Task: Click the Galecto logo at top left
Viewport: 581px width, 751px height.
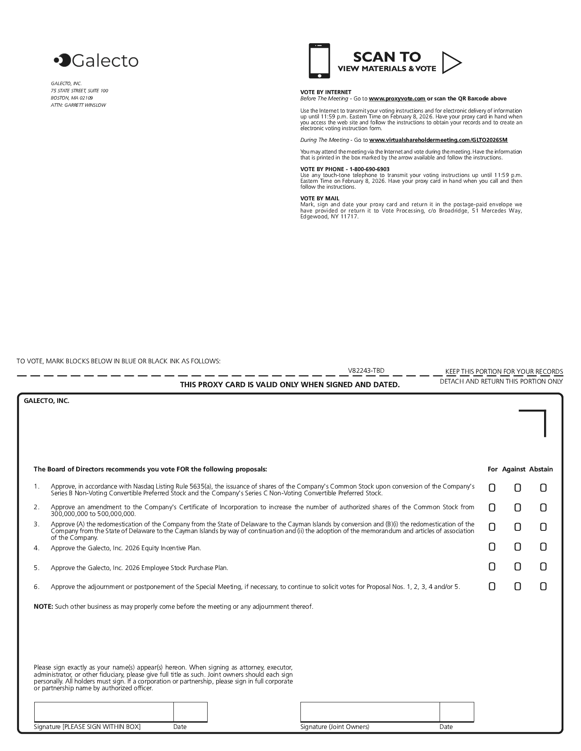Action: click(x=96, y=60)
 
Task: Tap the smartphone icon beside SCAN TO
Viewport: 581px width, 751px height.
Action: click(x=319, y=61)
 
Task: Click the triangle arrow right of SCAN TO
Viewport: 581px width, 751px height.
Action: click(x=451, y=63)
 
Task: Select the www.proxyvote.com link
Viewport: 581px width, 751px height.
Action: click(x=397, y=99)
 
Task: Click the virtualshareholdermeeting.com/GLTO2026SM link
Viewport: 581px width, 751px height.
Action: click(x=438, y=140)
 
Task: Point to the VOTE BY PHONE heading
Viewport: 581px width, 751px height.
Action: click(x=345, y=169)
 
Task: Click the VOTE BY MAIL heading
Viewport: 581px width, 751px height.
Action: click(x=320, y=199)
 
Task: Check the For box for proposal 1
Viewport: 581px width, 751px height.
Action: click(x=492, y=488)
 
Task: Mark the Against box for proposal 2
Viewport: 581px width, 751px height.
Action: click(x=517, y=508)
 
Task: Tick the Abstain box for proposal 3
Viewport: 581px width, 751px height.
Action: click(x=543, y=527)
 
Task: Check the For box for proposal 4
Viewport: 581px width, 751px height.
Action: click(x=492, y=547)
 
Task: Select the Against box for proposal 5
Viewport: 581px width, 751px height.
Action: click(x=517, y=567)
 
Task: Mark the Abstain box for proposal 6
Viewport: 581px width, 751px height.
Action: click(x=543, y=586)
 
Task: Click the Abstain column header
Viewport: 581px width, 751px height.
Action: click(x=540, y=469)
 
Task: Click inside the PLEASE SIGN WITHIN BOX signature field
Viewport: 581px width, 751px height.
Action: click(x=104, y=712)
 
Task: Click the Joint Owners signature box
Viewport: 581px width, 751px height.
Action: click(x=370, y=712)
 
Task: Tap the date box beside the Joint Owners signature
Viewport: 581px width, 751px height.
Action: click(x=457, y=712)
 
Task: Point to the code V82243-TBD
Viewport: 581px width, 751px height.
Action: click(x=366, y=371)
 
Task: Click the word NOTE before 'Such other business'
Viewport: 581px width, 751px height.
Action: click(x=43, y=606)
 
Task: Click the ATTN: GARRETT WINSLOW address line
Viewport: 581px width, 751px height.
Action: click(x=78, y=105)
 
